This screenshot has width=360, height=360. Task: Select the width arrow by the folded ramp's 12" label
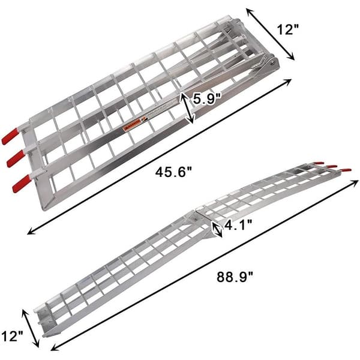pyautogui.click(x=274, y=35)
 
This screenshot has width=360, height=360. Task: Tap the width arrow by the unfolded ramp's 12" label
pyautogui.click(x=31, y=329)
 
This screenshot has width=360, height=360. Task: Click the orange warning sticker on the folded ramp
pyautogui.click(x=131, y=127)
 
